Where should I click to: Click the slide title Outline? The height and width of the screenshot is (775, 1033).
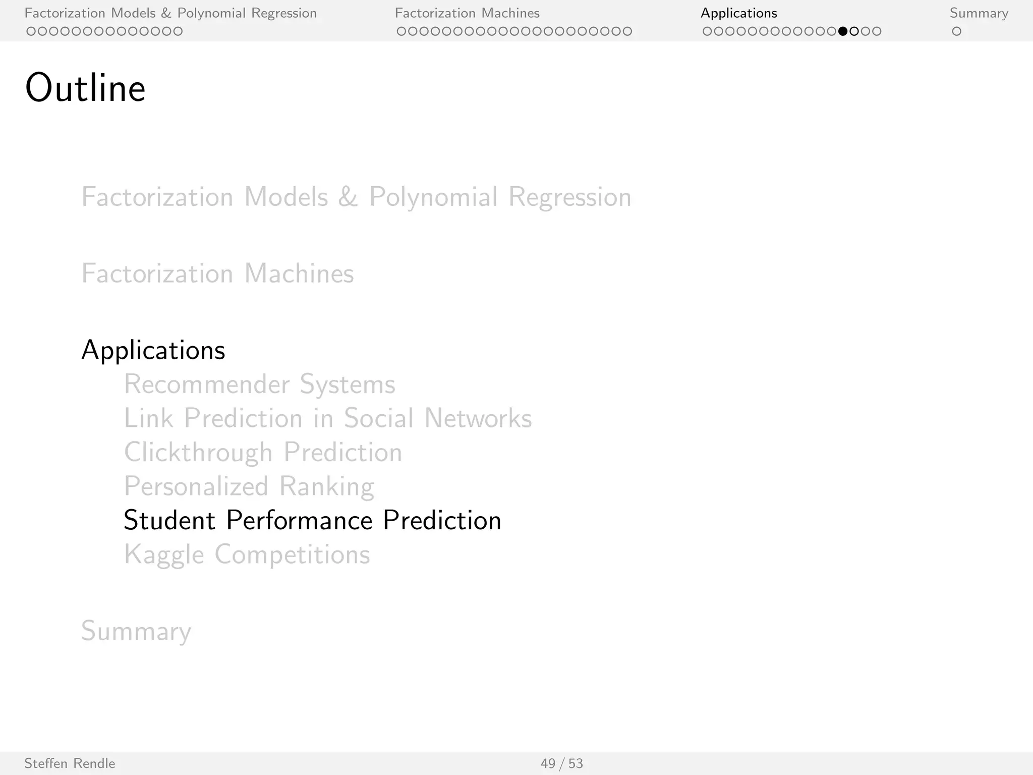[85, 88]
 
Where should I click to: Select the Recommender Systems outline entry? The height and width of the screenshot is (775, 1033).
[259, 384]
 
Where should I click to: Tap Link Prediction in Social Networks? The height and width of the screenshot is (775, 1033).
[328, 418]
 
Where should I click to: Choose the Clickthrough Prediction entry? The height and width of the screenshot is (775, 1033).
[263, 452]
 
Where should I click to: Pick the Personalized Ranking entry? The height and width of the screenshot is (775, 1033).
[249, 486]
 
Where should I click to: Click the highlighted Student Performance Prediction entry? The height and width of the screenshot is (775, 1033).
[312, 520]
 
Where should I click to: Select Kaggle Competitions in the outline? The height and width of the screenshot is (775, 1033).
[247, 555]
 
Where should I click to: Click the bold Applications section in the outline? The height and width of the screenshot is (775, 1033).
[153, 350]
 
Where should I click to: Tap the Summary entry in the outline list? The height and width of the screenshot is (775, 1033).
[136, 631]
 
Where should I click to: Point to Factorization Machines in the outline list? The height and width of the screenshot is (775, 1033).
[217, 273]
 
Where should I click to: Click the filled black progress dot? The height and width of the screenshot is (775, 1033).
[842, 31]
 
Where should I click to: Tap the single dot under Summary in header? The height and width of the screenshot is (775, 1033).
[956, 31]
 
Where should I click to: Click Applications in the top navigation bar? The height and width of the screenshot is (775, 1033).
[738, 13]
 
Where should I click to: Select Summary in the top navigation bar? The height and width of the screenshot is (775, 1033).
[979, 13]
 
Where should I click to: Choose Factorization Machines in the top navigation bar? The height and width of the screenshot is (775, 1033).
[467, 13]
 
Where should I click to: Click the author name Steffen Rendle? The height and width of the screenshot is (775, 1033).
[70, 763]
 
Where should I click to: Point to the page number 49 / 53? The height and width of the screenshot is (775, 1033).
[561, 763]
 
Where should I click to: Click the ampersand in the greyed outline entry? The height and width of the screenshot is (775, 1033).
[348, 197]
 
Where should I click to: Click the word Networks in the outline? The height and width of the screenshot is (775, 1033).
[478, 418]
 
